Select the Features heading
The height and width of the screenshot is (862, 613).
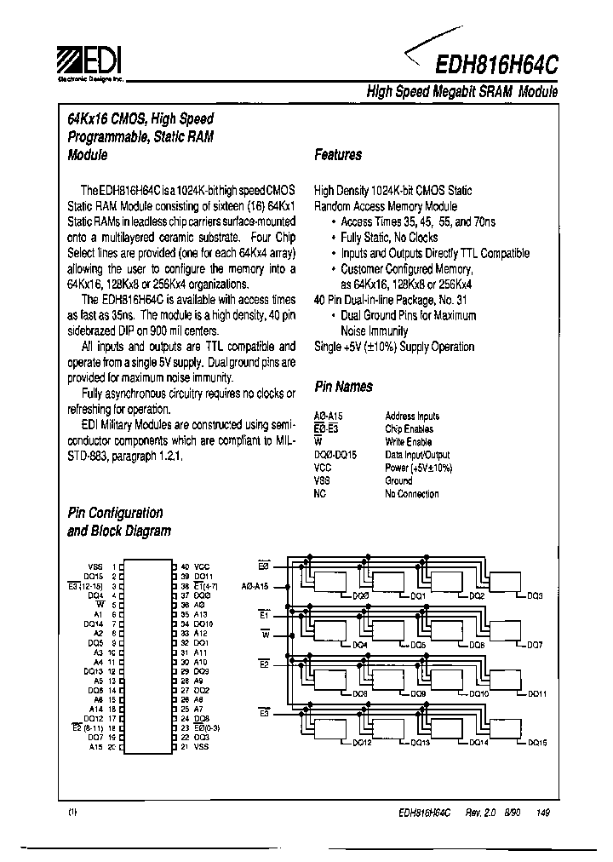point(338,155)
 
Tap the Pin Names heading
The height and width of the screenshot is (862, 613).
point(343,387)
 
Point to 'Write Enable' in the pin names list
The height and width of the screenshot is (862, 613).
point(408,442)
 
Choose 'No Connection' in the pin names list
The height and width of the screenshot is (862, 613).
point(412,494)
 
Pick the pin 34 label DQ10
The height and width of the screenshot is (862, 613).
point(203,624)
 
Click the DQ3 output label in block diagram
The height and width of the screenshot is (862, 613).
point(535,596)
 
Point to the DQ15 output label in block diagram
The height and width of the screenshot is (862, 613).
point(536,744)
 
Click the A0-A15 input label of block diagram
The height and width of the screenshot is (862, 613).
point(255,586)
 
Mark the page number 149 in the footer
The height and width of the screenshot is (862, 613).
point(544,813)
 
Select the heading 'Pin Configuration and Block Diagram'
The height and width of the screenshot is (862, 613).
point(118,521)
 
